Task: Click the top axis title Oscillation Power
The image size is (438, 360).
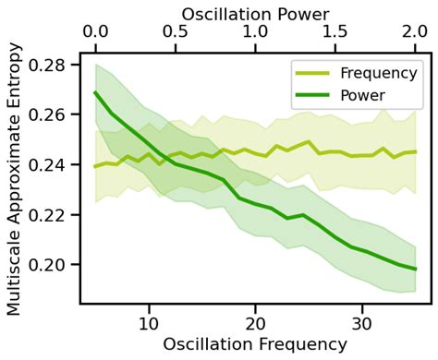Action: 255,12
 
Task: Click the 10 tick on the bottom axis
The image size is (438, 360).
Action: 148,322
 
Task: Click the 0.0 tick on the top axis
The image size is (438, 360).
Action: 94,33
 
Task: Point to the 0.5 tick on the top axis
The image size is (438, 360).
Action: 175,33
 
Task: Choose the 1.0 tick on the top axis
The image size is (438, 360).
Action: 255,33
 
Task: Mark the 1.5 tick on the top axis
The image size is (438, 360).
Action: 335,33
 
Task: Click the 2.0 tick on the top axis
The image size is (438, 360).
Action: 416,33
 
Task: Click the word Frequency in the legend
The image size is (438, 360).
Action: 376,73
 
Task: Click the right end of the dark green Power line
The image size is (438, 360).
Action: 416,269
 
